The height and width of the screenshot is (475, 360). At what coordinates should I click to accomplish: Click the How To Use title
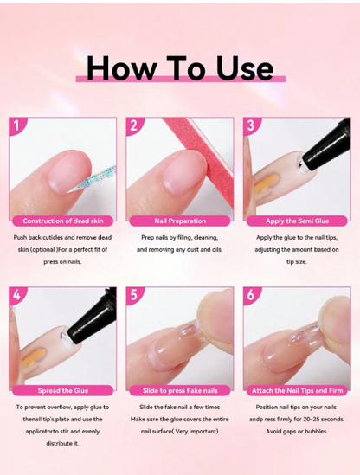pyautogui.click(x=180, y=67)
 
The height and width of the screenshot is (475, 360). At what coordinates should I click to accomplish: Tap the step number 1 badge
pyautogui.click(x=16, y=125)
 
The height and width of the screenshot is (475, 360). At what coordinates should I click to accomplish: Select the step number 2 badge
pyautogui.click(x=133, y=125)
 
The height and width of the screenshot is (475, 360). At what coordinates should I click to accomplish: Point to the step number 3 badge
pyautogui.click(x=250, y=125)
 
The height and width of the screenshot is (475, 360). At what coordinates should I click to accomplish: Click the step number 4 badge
pyautogui.click(x=16, y=295)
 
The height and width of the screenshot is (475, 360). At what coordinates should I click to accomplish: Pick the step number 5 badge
pyautogui.click(x=133, y=295)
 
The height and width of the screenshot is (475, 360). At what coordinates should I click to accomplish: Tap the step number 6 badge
pyautogui.click(x=250, y=295)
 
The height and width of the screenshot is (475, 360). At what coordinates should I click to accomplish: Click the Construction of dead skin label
pyautogui.click(x=62, y=221)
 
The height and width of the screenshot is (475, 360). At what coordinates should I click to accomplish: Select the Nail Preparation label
pyautogui.click(x=179, y=221)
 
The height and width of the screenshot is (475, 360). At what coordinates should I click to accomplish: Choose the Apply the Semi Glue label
pyautogui.click(x=296, y=221)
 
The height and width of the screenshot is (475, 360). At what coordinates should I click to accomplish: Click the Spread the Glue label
pyautogui.click(x=62, y=390)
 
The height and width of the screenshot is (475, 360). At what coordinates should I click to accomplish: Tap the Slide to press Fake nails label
pyautogui.click(x=179, y=390)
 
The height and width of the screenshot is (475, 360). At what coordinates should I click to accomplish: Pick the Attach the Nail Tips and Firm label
pyautogui.click(x=296, y=390)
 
